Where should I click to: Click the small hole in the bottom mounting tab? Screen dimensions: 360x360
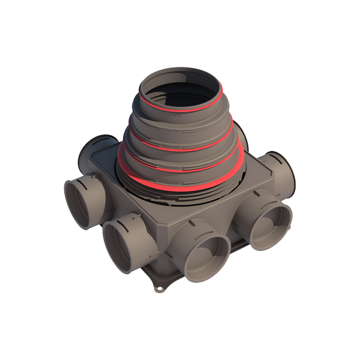tap(157, 291)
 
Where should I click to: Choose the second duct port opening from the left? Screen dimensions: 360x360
tap(121, 245)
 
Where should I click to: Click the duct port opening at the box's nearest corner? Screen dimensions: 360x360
tap(205, 254)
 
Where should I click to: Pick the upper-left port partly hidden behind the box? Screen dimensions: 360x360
tap(89, 150)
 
